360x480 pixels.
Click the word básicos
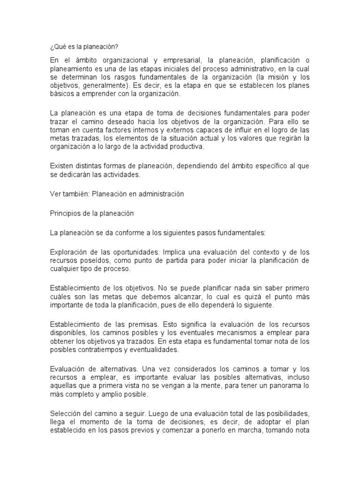(x=60, y=94)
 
